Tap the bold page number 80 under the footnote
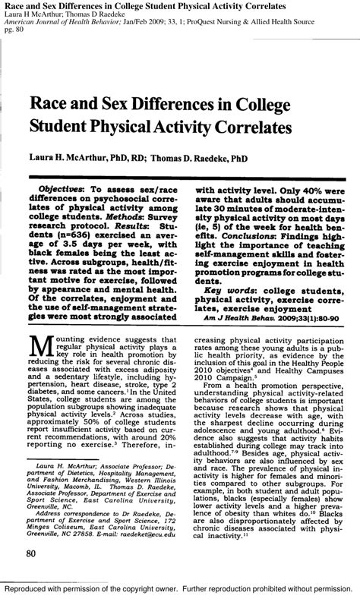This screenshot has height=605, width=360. (x=32, y=554)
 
